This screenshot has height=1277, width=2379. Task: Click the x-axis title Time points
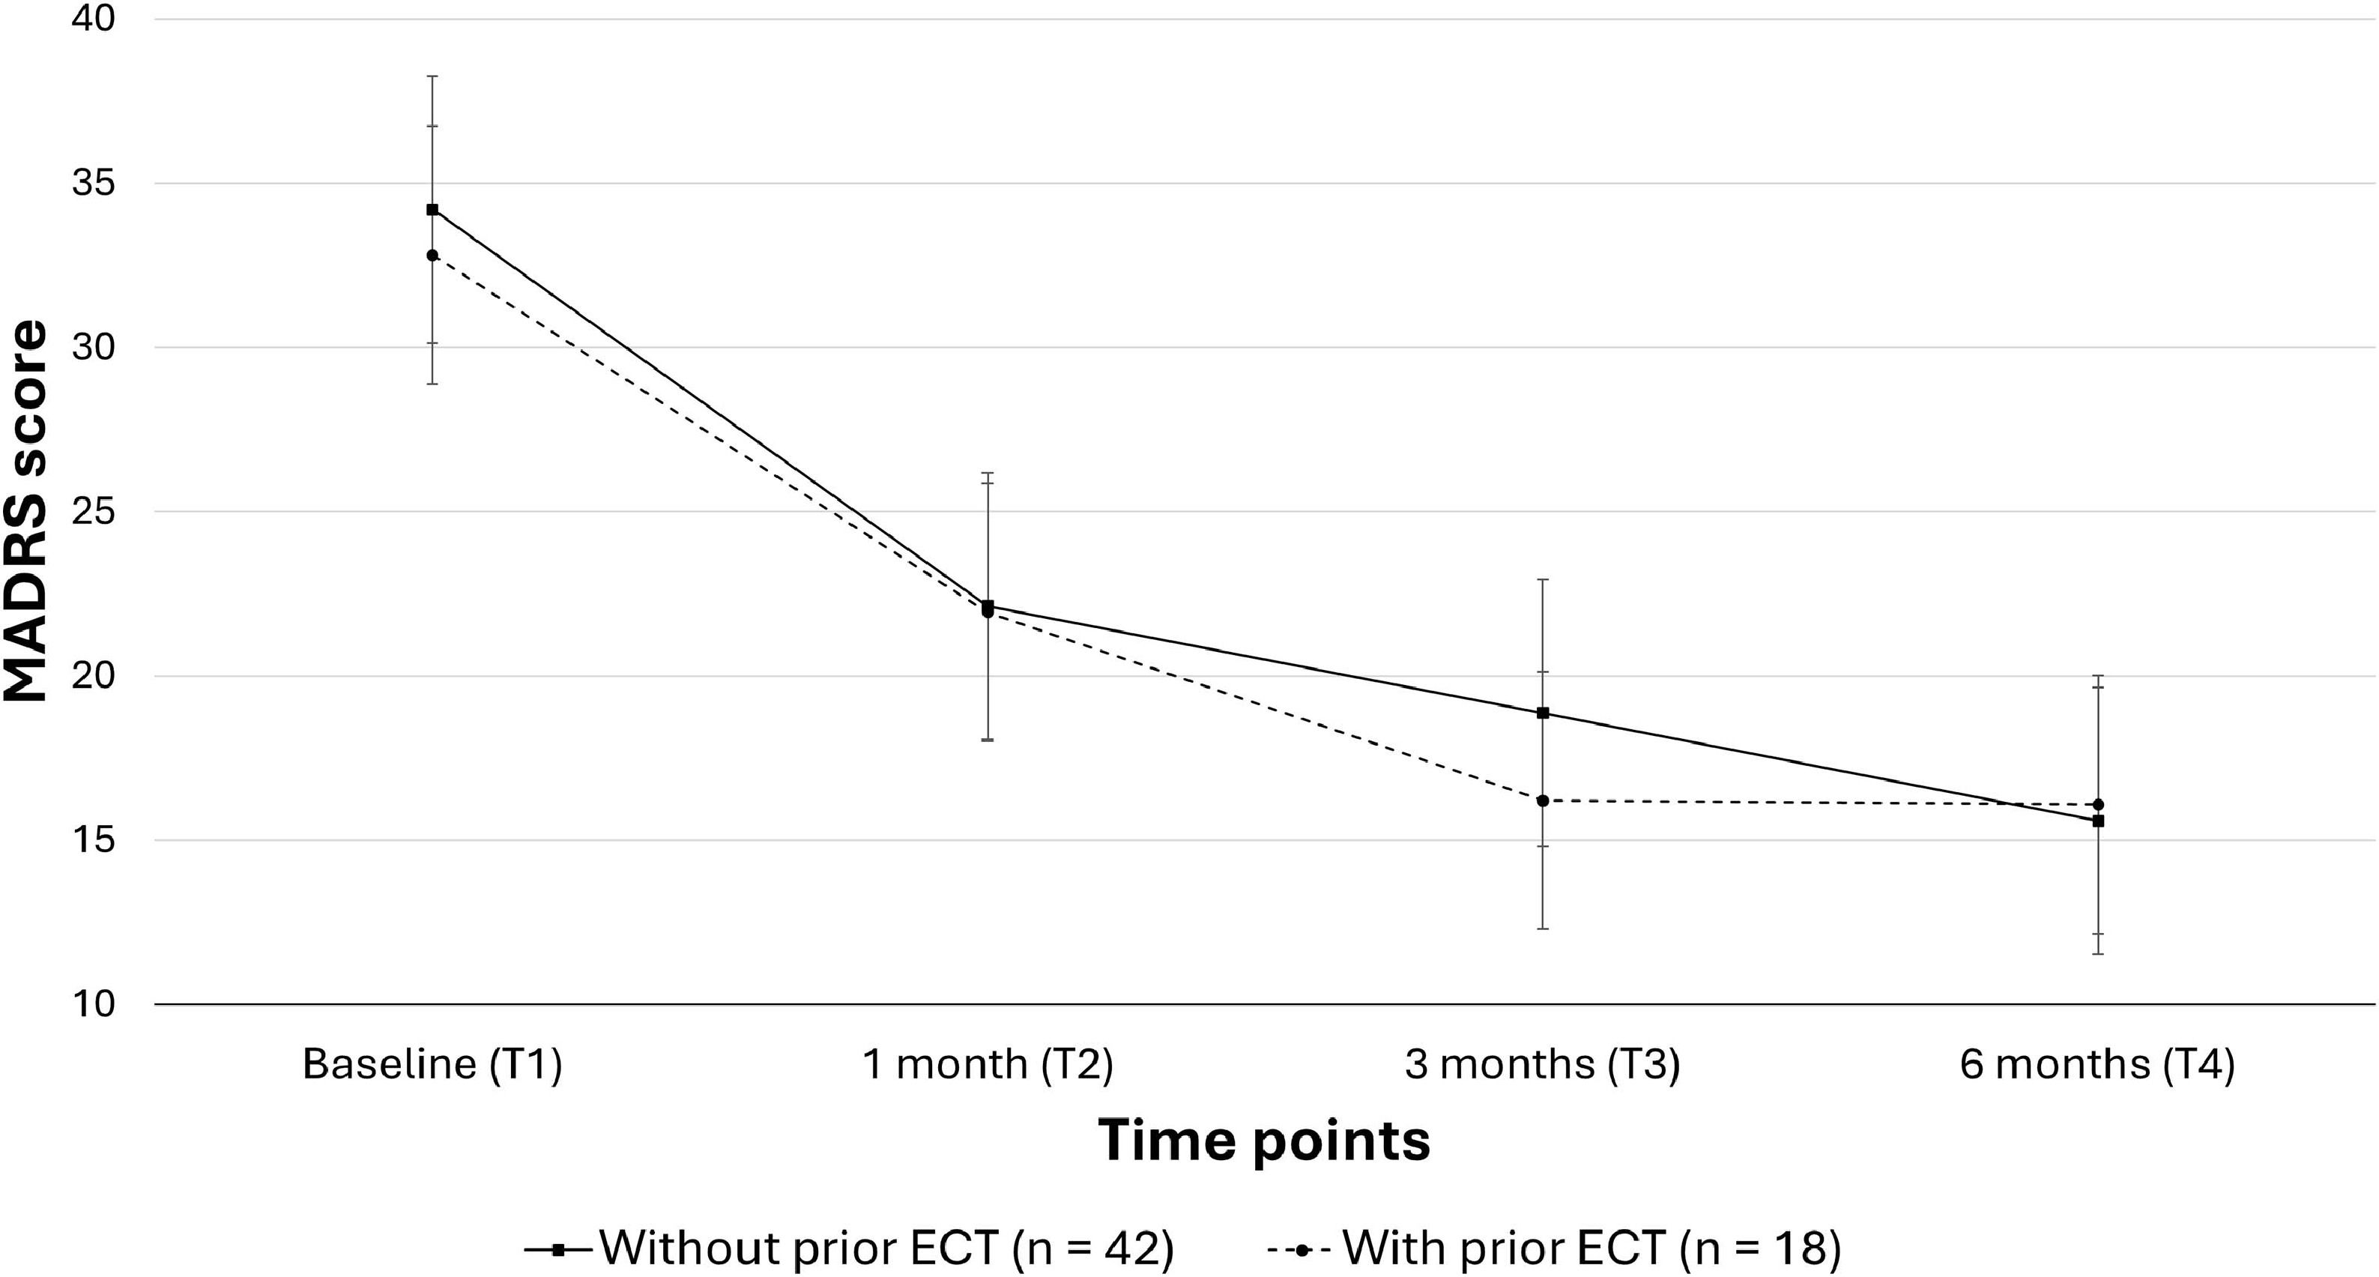click(x=1264, y=1141)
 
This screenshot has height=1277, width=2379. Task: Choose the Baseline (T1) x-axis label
click(x=432, y=1066)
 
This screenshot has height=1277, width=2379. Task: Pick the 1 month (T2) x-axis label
click(x=988, y=1066)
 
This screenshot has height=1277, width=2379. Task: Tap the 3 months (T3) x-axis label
click(x=1542, y=1066)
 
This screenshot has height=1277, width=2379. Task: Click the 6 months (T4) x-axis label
click(x=2097, y=1066)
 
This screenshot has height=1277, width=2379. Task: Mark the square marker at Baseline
click(x=432, y=210)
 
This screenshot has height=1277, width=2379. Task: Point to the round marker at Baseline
click(x=432, y=255)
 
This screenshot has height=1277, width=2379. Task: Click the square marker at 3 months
click(x=1542, y=713)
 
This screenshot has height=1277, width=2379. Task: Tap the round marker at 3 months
click(x=1542, y=800)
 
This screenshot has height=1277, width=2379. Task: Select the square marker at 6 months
click(x=2098, y=820)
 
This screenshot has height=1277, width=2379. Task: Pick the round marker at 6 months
click(x=2098, y=804)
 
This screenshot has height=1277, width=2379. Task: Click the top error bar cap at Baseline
click(x=432, y=76)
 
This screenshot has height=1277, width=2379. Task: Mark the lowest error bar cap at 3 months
click(x=1542, y=929)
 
